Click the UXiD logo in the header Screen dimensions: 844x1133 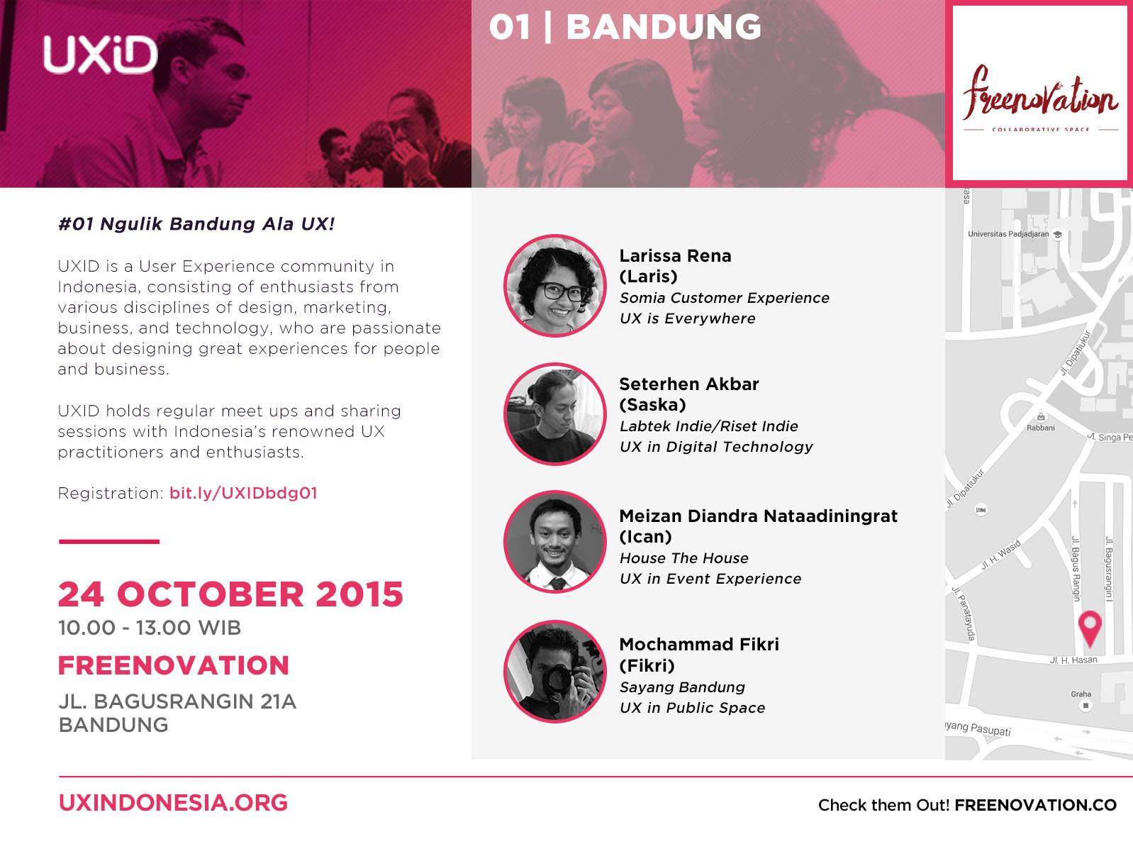click(x=100, y=55)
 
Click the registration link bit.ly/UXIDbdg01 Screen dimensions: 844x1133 click(x=243, y=493)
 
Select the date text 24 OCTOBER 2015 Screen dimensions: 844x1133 click(x=230, y=594)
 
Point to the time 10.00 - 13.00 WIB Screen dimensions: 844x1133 click(x=150, y=628)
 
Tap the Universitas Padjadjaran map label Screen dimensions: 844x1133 click(x=1008, y=234)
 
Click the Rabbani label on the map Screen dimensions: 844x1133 click(x=1040, y=428)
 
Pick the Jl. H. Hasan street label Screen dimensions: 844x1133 click(x=1073, y=660)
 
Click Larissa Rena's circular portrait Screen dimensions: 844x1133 click(x=554, y=286)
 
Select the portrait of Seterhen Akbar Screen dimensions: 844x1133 click(x=554, y=414)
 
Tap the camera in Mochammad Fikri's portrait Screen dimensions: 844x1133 click(x=560, y=677)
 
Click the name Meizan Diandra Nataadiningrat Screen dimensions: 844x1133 click(x=758, y=516)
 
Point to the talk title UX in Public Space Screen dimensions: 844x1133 click(x=692, y=708)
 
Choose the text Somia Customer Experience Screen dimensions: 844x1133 click(x=724, y=298)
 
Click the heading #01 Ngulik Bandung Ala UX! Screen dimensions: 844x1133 click(x=196, y=224)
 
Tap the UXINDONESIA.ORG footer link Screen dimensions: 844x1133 click(x=173, y=803)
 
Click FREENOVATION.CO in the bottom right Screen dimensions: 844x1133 click(x=1035, y=805)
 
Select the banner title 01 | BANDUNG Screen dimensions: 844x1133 click(x=625, y=27)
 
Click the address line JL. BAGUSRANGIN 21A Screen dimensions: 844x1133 click(x=177, y=701)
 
